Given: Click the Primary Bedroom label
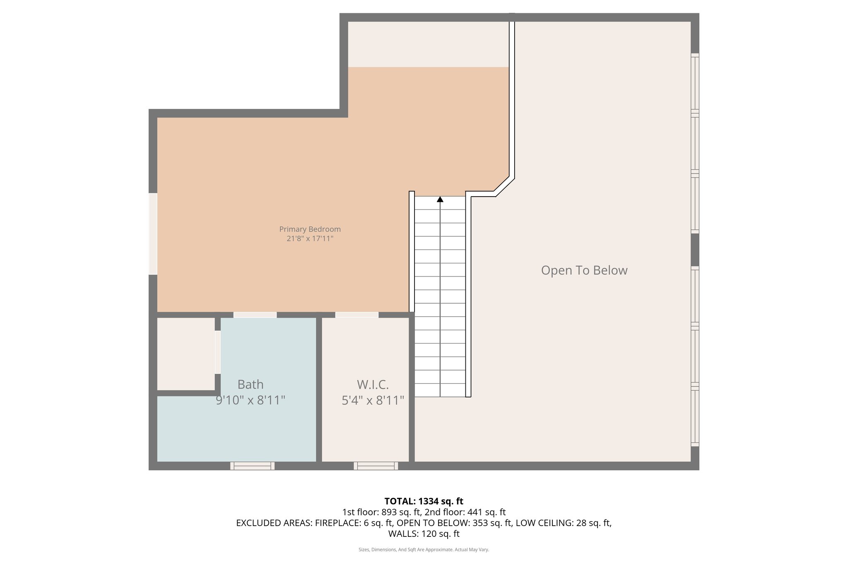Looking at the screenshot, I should point(310,229).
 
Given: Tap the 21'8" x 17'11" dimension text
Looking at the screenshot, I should point(310,239).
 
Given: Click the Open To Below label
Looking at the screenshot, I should point(584,270).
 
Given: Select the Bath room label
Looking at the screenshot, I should point(251,385).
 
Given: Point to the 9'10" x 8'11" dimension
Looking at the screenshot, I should point(251,400).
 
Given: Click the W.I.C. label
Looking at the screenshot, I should point(373,385).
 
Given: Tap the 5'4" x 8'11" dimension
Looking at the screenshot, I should point(373,400).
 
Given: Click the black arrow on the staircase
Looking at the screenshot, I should point(440,200).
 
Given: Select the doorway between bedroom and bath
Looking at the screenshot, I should point(255,315).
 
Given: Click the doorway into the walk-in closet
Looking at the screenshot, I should point(357,315).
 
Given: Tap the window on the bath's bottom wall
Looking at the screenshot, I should point(252,466).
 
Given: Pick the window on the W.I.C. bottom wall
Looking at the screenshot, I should point(376,466).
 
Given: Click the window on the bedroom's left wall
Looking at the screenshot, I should point(153,233).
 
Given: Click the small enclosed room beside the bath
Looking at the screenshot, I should point(185,353).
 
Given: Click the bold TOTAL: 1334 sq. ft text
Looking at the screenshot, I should point(424,501).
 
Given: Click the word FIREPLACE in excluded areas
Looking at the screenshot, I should point(337,523).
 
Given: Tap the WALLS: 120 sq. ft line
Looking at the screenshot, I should point(424,534).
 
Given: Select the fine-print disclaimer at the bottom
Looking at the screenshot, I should point(424,550).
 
